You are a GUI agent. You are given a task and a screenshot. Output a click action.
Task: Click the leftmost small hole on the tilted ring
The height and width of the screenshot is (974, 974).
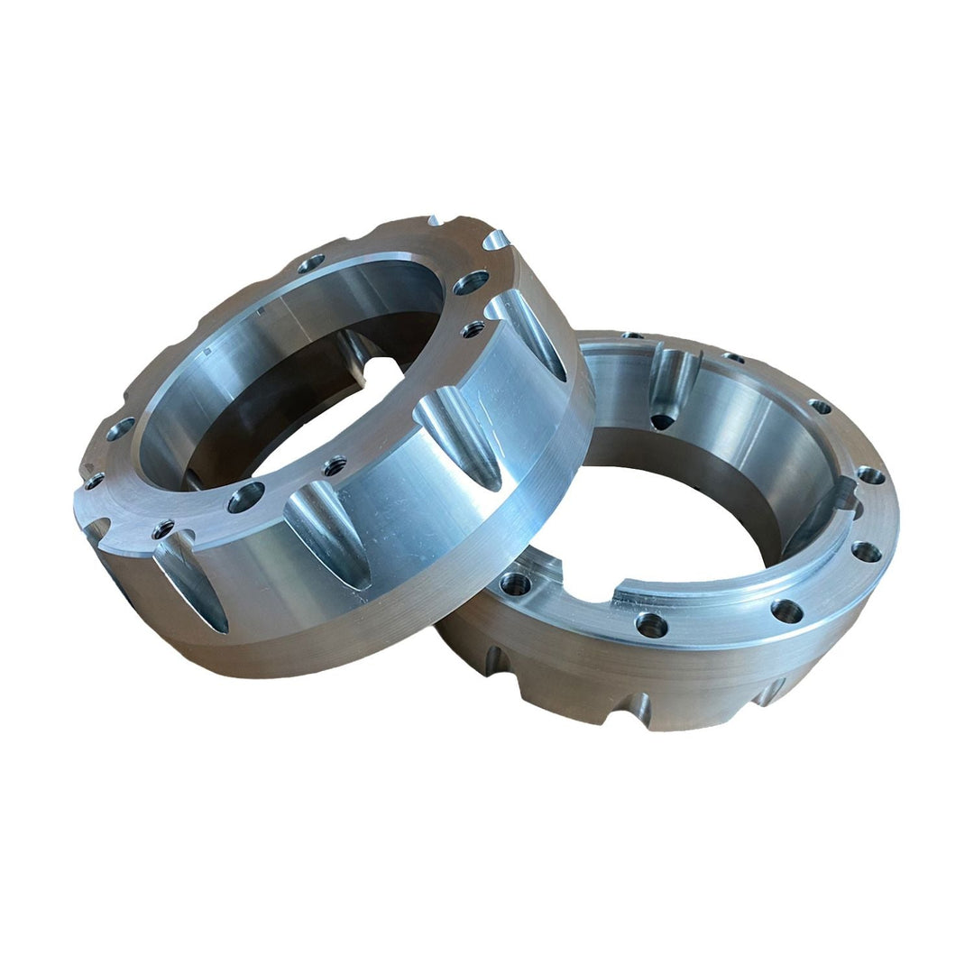93,482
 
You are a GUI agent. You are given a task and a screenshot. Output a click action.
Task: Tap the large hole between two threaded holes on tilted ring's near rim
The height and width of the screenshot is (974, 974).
245,497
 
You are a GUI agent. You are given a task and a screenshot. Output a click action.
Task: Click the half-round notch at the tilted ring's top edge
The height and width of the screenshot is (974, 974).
495,241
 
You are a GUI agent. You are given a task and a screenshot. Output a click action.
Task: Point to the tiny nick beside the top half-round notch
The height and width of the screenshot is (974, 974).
436,221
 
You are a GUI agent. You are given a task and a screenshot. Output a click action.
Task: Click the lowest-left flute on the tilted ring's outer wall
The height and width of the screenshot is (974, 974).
191,591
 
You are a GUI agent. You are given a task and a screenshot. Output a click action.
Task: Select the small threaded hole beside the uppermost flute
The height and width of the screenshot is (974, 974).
472,330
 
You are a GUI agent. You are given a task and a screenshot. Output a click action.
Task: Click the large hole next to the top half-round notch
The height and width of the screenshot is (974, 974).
470,283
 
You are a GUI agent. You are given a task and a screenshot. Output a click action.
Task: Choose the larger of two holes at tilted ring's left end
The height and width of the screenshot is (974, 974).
120,429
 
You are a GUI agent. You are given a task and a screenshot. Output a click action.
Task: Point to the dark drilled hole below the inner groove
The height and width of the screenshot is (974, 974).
663,420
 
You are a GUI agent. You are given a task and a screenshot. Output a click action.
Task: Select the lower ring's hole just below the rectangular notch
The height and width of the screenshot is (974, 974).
866,550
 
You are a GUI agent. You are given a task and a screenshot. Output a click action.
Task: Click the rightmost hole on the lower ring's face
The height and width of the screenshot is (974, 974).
870,474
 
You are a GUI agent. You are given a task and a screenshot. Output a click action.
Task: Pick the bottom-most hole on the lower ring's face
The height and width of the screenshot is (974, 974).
650,623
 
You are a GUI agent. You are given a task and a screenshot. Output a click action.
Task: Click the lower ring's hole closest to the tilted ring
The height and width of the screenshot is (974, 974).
515,584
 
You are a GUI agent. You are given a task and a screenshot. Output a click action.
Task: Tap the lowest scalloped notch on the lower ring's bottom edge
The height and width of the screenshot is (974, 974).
622,717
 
